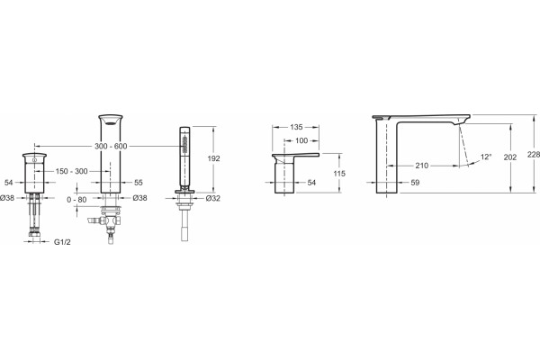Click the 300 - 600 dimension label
111,146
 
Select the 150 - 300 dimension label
72,171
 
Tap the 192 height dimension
213,158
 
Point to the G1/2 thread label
62,242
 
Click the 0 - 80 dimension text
76,200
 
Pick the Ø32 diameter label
212,198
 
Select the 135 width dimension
296,127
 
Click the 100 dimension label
301,140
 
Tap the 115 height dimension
339,174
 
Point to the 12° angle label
486,157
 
